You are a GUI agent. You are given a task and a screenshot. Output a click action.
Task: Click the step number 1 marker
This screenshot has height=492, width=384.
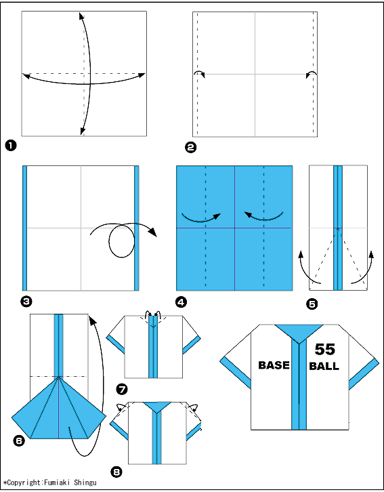pyautogui.click(x=11, y=146)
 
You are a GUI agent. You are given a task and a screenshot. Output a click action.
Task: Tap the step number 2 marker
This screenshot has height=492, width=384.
pyautogui.click(x=191, y=148)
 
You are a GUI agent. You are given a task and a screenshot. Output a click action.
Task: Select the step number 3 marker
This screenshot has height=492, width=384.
pyautogui.click(x=26, y=302)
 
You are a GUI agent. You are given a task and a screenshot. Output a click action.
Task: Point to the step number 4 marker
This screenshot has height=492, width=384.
pyautogui.click(x=182, y=302)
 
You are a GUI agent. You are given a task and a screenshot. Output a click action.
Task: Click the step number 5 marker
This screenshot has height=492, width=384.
pyautogui.click(x=312, y=304)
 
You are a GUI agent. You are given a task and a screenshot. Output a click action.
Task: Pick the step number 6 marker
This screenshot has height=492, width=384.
pyautogui.click(x=19, y=441)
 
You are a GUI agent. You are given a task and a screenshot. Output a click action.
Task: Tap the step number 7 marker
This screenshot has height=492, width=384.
pyautogui.click(x=122, y=390)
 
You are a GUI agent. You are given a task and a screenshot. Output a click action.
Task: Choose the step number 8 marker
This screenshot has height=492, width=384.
pyautogui.click(x=116, y=472)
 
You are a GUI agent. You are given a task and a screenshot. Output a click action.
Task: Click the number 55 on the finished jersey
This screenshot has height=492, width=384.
pyautogui.click(x=325, y=349)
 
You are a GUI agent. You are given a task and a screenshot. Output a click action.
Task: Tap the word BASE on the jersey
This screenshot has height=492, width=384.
pyautogui.click(x=274, y=365)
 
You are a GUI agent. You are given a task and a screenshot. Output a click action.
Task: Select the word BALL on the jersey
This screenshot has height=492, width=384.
pyautogui.click(x=324, y=366)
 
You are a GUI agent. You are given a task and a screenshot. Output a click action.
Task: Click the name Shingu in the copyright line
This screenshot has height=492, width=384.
pyautogui.click(x=85, y=483)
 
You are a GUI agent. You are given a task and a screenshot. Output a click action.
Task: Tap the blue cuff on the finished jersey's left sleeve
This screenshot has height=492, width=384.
pyautogui.click(x=236, y=373)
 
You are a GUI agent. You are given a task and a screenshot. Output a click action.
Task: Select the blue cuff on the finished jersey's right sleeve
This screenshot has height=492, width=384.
pyautogui.click(x=364, y=374)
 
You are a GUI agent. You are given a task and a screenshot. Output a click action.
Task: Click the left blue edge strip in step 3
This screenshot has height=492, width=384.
pyautogui.click(x=25, y=228)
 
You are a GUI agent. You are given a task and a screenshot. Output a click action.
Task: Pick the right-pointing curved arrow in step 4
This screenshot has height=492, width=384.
pyautogui.click(x=201, y=217)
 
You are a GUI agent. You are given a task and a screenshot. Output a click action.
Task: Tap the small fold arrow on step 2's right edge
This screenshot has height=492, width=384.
pyautogui.click(x=312, y=74)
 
